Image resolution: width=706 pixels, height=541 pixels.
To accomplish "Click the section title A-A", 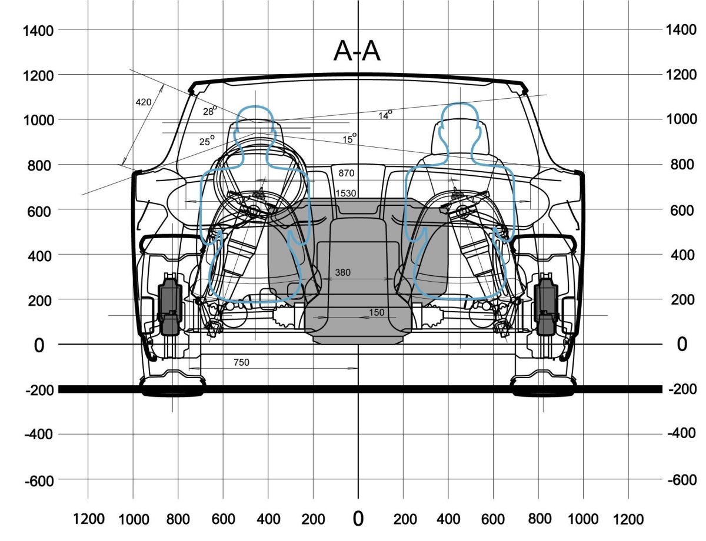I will [357, 52].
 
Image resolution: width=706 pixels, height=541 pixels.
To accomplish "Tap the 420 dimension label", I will [144, 102].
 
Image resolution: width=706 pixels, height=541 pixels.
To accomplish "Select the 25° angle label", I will [207, 141].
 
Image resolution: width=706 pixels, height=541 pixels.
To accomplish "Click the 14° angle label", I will [385, 115].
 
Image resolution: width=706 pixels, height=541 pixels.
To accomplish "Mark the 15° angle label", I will [349, 139].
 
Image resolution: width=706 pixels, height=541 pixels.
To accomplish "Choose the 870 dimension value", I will [347, 173].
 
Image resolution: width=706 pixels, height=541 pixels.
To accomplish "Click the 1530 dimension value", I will [346, 193].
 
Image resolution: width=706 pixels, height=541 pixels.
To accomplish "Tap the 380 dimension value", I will [343, 273].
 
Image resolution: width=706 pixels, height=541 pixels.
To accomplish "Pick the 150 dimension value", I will [377, 312].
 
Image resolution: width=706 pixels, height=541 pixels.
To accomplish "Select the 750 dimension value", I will [241, 363].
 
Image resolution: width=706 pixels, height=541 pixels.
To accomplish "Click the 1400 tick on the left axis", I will [38, 31].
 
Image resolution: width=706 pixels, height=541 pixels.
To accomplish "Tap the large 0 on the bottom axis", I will [358, 519].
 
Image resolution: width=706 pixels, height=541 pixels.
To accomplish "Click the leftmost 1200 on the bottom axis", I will [88, 519].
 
